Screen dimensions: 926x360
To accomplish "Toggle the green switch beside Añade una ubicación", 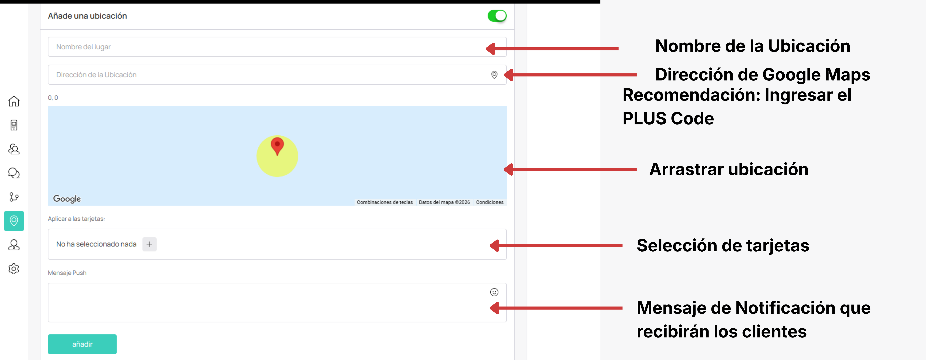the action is [497, 16].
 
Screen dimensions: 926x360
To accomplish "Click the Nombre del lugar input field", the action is [277, 47].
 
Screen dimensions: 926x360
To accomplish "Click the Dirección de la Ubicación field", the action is [277, 75].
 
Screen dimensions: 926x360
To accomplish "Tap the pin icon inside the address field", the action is [494, 75].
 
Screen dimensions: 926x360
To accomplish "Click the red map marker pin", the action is [277, 145].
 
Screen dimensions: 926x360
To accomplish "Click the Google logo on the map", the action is [67, 199].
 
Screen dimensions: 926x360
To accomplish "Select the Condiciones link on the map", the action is [490, 202].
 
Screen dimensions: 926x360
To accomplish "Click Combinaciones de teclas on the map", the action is [385, 202].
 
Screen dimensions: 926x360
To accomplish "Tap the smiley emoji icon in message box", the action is [494, 292].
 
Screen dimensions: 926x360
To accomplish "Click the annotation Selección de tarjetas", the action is [723, 246].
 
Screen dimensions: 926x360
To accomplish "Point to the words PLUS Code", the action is [668, 119].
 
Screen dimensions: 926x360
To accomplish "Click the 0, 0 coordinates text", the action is [53, 98].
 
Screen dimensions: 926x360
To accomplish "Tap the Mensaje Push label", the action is [67, 273].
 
